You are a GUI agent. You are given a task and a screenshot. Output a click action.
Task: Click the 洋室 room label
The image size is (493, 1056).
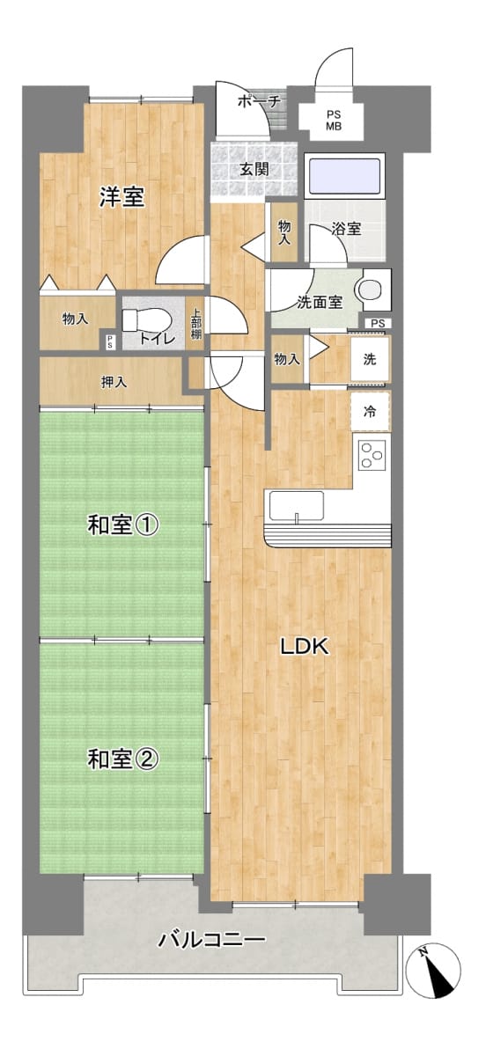(121, 196)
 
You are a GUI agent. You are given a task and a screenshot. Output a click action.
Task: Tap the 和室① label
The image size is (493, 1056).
(123, 524)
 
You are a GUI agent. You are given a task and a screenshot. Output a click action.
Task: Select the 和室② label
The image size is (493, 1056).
(123, 759)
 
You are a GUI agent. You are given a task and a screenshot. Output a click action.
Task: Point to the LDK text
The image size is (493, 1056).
(305, 647)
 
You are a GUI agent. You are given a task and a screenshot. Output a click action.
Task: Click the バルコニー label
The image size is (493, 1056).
(212, 940)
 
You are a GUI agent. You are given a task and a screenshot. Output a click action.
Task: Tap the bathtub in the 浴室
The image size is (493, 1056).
(344, 176)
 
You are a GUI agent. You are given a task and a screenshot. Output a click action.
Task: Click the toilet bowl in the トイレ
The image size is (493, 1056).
(146, 321)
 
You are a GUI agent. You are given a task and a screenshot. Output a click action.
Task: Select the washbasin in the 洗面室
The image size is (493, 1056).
(369, 290)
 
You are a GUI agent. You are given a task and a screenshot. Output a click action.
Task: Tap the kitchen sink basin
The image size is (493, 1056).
(297, 505)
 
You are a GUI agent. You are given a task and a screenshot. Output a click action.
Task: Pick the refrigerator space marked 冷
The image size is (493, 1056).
(371, 411)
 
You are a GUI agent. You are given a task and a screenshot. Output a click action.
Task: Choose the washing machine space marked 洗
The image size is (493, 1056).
(371, 359)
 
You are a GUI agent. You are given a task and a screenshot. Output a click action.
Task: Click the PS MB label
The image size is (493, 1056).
(334, 121)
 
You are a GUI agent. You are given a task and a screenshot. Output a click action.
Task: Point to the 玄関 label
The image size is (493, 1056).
(254, 169)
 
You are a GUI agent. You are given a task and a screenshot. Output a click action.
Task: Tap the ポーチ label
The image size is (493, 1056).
(259, 101)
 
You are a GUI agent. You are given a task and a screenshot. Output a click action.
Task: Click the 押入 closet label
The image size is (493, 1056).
(114, 382)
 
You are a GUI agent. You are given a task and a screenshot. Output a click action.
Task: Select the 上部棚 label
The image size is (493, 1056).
(196, 323)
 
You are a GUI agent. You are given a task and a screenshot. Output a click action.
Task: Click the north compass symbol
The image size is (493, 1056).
(433, 970)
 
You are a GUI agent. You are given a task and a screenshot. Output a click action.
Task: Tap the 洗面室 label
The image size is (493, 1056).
(320, 302)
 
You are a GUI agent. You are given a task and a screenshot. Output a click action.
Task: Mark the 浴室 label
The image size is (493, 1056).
(346, 229)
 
